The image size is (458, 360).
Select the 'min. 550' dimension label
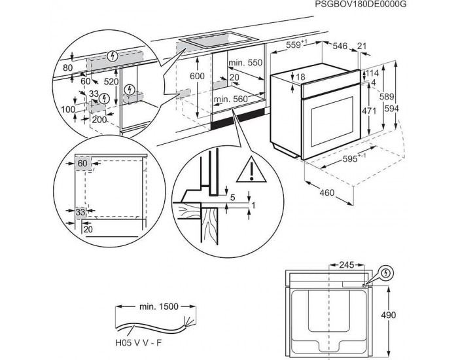point(245,62)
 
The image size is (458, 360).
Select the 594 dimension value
point(408,108)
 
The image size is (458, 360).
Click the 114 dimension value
point(372,73)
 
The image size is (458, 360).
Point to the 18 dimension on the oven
point(300,77)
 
